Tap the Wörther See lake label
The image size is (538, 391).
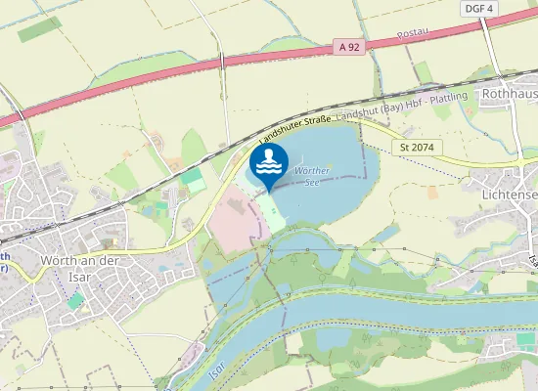click(311, 176)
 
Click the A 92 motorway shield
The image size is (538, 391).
click(348, 46)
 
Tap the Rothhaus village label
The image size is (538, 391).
click(510, 93)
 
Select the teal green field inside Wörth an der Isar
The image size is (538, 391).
click(76, 300)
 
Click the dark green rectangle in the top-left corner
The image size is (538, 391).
click(38, 29)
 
